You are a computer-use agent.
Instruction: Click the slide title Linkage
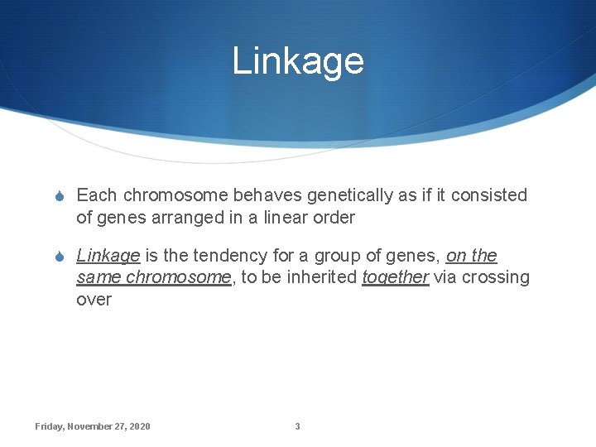pyautogui.click(x=297, y=61)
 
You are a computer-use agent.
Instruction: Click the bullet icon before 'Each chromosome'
pyautogui.click(x=59, y=196)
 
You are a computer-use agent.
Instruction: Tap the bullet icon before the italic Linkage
pyautogui.click(x=59, y=257)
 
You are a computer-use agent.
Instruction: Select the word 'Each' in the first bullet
pyautogui.click(x=95, y=195)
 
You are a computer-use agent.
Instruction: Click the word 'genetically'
pyautogui.click(x=350, y=196)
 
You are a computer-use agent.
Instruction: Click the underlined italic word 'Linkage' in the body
pyautogui.click(x=108, y=257)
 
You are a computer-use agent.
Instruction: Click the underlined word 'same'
pyautogui.click(x=99, y=277)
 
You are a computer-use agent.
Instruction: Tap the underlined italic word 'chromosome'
pyautogui.click(x=178, y=277)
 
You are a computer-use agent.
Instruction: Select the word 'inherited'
pyautogui.click(x=320, y=277)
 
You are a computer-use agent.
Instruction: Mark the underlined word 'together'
pyautogui.click(x=395, y=278)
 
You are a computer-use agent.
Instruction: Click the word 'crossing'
pyautogui.click(x=496, y=278)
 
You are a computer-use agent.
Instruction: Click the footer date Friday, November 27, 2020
pyautogui.click(x=93, y=426)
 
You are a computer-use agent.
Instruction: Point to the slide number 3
pyautogui.click(x=297, y=426)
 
